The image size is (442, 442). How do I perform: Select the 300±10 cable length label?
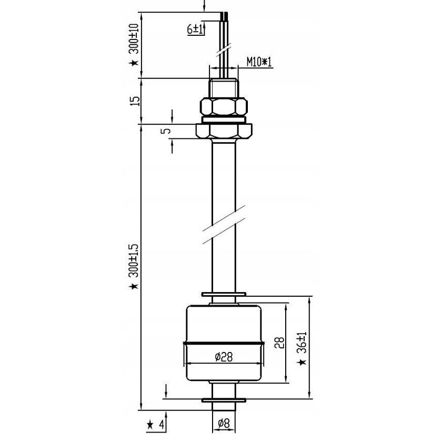click(x=135, y=39)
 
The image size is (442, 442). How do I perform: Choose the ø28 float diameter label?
click(x=224, y=357)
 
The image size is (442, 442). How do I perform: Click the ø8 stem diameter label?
click(x=224, y=422)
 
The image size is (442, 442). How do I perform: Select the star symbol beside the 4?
click(x=149, y=424)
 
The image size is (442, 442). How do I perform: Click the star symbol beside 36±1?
click(x=302, y=363)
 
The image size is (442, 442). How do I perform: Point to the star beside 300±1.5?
click(x=135, y=286)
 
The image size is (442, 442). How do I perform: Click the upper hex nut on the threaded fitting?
click(x=224, y=107)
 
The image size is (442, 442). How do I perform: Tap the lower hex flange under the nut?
click(x=224, y=130)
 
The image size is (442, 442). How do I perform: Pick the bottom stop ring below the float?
click(x=224, y=401)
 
